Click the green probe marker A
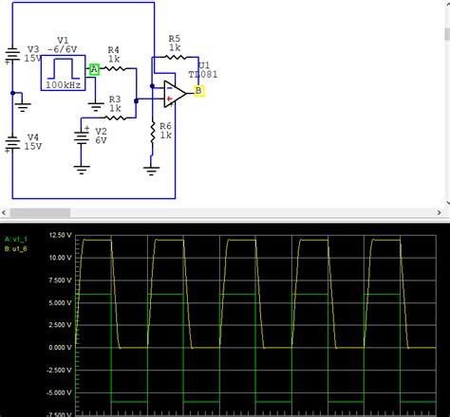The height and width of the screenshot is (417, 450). pos(95,69)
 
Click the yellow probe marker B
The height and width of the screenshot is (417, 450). pos(198,91)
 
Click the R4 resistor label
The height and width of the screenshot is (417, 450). pos(113,49)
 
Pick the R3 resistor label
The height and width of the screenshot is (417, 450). pos(114,98)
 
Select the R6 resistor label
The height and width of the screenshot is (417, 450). pos(165,126)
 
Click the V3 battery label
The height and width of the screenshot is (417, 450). pos(33,48)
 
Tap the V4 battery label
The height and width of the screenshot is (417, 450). pos(33,136)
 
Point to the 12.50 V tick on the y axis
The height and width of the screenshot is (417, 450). pos(61,234)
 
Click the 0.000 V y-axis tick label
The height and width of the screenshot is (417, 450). pos(61,347)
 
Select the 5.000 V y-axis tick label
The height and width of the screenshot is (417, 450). pos(61,301)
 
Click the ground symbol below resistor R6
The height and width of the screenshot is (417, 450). pos(152,171)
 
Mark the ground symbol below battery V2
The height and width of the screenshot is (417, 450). pos(83,171)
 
